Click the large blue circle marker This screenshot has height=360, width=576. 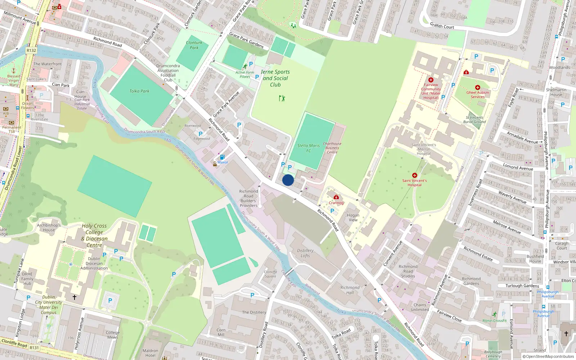[x=288, y=180]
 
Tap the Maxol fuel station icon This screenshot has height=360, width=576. [x=222, y=157]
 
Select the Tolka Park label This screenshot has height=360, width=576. [x=139, y=91]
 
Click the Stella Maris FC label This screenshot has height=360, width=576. [x=309, y=148]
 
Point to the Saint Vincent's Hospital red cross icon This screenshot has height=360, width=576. [x=414, y=175]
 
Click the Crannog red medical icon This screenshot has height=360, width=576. [x=336, y=197]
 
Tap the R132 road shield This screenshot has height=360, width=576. [x=31, y=50]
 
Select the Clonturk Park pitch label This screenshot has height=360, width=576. [x=194, y=45]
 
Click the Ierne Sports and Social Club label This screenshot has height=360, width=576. [x=275, y=78]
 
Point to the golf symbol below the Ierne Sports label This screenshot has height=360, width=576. [x=282, y=98]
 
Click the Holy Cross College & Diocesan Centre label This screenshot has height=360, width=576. [x=94, y=235]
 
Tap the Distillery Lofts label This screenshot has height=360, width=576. [x=305, y=253]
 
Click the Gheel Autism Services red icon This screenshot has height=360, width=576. [x=477, y=87]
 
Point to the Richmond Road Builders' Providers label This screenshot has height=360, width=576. [x=249, y=198]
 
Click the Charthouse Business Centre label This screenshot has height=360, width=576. [x=332, y=148]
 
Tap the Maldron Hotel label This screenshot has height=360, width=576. [x=150, y=353]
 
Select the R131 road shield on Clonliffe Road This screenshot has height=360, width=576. [x=34, y=348]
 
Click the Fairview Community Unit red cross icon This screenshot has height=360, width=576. [x=431, y=80]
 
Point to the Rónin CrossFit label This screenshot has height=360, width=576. [x=494, y=320]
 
